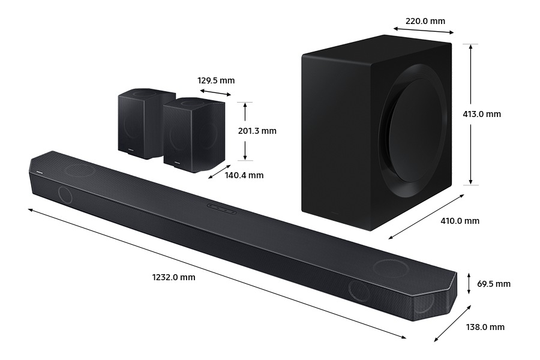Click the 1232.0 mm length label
point(173,277)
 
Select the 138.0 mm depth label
point(485,327)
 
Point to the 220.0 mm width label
point(425,21)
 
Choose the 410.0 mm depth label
point(460,221)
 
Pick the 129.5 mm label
point(216,80)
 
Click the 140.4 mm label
point(244,175)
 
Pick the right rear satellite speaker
point(193,134)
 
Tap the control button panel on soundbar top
point(221,208)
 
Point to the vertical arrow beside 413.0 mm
point(472,114)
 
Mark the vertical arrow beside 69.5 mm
point(469,283)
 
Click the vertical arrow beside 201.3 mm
point(245,131)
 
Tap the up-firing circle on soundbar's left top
point(79,170)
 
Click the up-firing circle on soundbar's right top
point(391,268)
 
